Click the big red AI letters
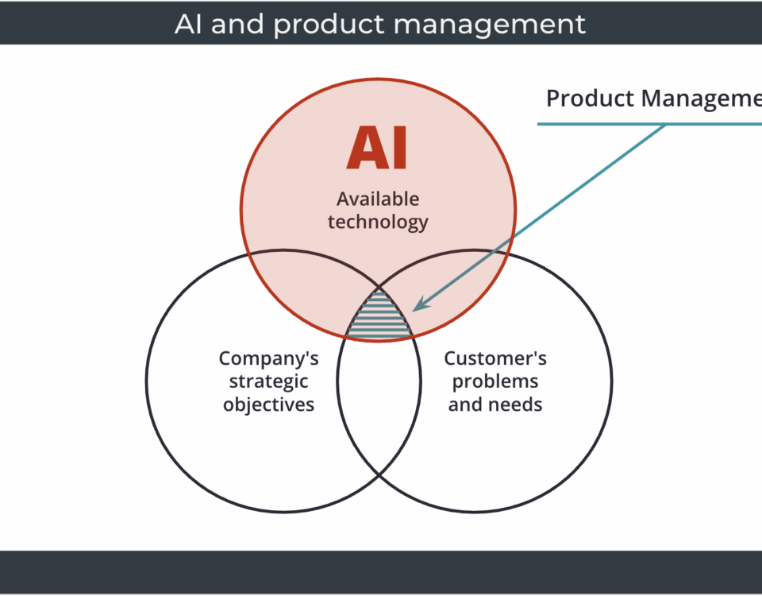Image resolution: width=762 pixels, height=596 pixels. coord(377,148)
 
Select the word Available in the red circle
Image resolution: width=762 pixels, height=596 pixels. coord(378,199)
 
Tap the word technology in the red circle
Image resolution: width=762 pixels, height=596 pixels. coord(378,222)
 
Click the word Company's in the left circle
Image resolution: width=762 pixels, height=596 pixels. coord(269,358)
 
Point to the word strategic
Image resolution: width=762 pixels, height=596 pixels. coord(269,381)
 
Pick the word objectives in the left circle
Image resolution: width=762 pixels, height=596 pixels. coord(269,404)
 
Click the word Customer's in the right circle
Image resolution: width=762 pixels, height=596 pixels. coord(495,358)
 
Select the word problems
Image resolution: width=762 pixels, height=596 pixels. coord(495,381)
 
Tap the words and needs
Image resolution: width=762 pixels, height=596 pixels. coord(495,404)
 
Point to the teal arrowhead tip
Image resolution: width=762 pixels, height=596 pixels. coord(415,309)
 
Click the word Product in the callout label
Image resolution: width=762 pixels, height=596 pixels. coord(591,99)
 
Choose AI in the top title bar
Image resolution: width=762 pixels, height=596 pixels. coord(188,24)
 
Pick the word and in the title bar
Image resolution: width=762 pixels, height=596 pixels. coord(237,24)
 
